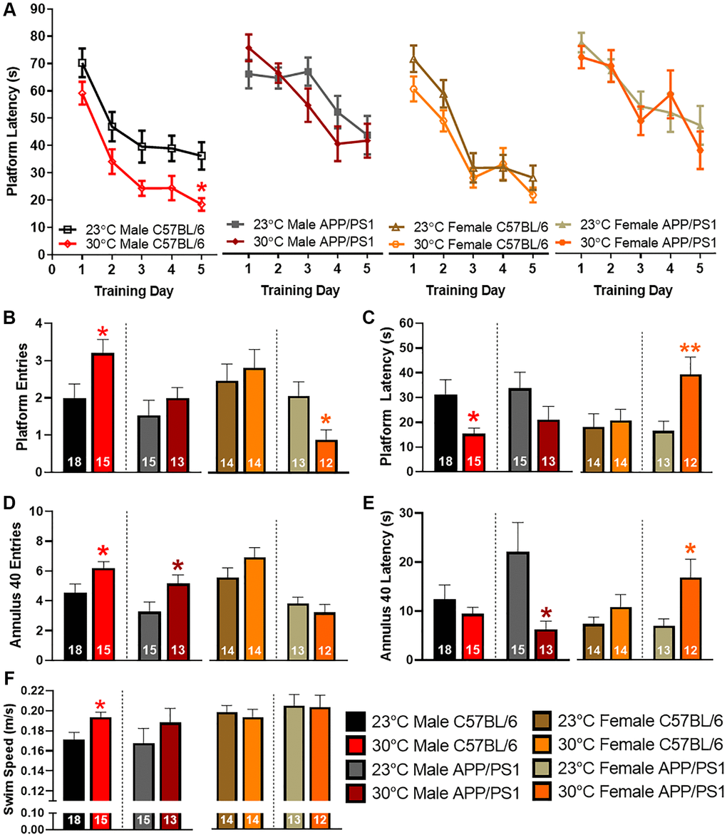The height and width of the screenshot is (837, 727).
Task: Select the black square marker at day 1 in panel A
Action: [82, 63]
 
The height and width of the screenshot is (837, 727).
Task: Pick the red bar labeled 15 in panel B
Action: [103, 412]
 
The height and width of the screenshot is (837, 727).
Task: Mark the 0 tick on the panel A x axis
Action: [52, 271]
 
